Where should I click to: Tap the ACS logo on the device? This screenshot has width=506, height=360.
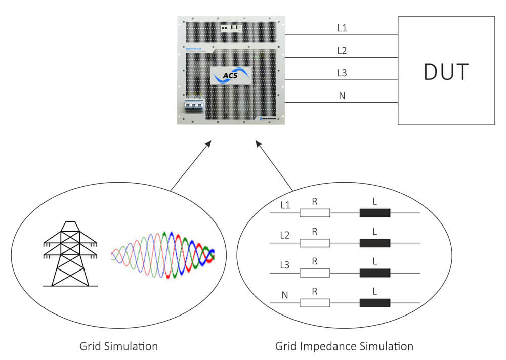point(231,76)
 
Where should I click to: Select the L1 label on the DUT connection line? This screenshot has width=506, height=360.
point(342,28)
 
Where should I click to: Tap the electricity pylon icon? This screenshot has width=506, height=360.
point(69,253)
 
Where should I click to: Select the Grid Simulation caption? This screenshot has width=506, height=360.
point(118,346)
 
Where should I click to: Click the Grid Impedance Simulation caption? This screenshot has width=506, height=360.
point(344,346)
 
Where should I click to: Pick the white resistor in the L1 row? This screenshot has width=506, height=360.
point(315,213)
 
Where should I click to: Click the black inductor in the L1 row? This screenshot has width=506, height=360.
point(375,213)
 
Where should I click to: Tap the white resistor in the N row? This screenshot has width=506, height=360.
point(315,303)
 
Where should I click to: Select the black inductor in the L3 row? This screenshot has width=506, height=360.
point(375,273)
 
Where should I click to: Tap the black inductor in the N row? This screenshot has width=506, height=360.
point(375,303)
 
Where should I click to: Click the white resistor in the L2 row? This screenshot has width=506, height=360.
point(315,243)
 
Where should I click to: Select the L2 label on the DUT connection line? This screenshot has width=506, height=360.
point(342,51)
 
